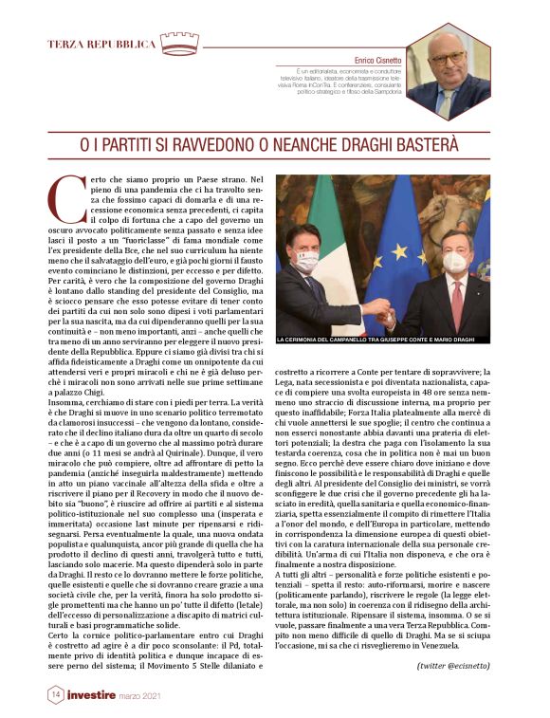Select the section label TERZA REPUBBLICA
[x=101, y=45]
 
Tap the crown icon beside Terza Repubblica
[x=179, y=44]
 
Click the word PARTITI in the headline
[x=154, y=144]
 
